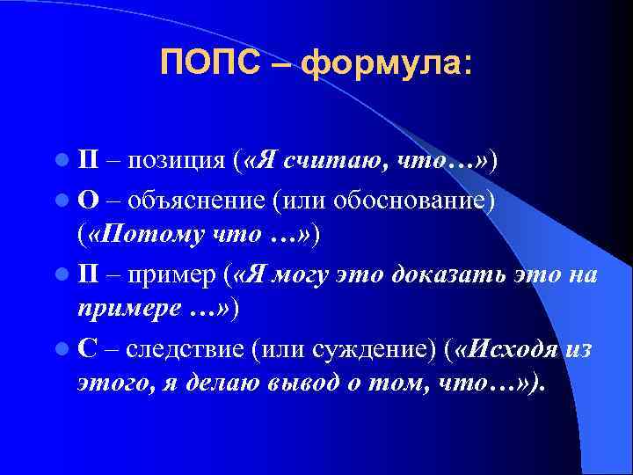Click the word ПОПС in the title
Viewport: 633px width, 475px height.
[212, 63]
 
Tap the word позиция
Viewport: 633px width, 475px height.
[179, 160]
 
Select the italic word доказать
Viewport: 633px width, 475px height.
[440, 276]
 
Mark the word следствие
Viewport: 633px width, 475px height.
[185, 350]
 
